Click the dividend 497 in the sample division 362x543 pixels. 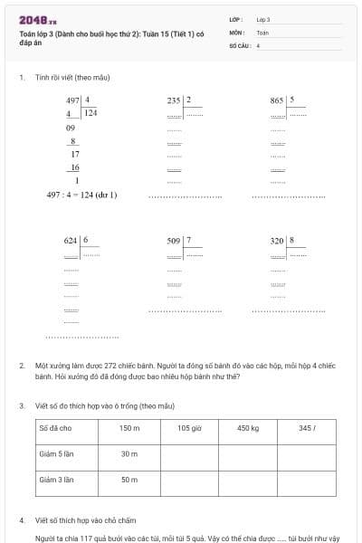[72, 100]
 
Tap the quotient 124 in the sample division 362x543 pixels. [91, 113]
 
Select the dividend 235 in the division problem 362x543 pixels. [174, 100]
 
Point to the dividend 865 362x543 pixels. [277, 100]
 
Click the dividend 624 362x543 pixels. [71, 241]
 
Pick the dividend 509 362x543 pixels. [174, 241]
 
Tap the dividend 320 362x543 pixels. [277, 241]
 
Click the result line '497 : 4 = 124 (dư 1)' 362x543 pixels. [82, 194]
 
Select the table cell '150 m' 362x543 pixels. [129, 428]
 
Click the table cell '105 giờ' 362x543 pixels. [188, 428]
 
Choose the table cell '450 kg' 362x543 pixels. [248, 428]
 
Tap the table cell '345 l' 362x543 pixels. [307, 428]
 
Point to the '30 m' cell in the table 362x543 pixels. [129, 453]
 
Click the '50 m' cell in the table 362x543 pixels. [129, 479]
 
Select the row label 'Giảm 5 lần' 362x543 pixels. [56, 453]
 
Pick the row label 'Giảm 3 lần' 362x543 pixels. [56, 479]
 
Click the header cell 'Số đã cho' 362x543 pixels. [55, 428]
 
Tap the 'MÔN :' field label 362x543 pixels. [236, 32]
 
